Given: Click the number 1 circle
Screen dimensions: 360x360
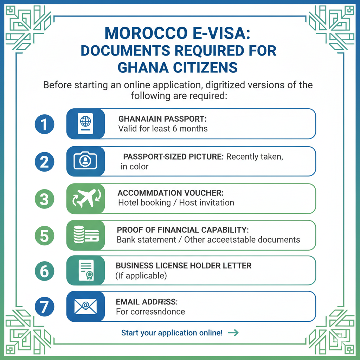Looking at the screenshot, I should point(45,124).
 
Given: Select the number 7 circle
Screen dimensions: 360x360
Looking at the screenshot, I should point(45,307).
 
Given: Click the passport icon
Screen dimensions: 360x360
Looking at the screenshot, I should point(85,124).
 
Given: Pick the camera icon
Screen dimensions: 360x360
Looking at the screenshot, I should point(85,161).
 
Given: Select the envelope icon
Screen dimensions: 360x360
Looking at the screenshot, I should point(85,307).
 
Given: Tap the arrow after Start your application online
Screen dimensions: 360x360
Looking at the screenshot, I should point(233,333).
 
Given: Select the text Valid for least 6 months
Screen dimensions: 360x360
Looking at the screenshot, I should point(163,129).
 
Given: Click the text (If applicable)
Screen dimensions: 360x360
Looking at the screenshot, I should point(141,276).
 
